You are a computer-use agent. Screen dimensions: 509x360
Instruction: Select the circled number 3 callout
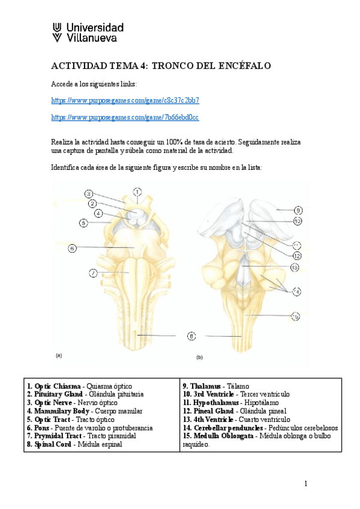[88, 194]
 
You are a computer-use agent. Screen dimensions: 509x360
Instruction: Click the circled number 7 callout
[93, 274]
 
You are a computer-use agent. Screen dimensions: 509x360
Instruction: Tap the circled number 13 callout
[294, 267]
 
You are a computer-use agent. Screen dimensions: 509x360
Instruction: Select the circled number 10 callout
[298, 221]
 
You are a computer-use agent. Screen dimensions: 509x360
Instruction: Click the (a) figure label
[59, 355]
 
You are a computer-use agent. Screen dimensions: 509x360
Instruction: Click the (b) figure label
[199, 357]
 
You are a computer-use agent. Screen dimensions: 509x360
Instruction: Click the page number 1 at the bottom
[305, 484]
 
